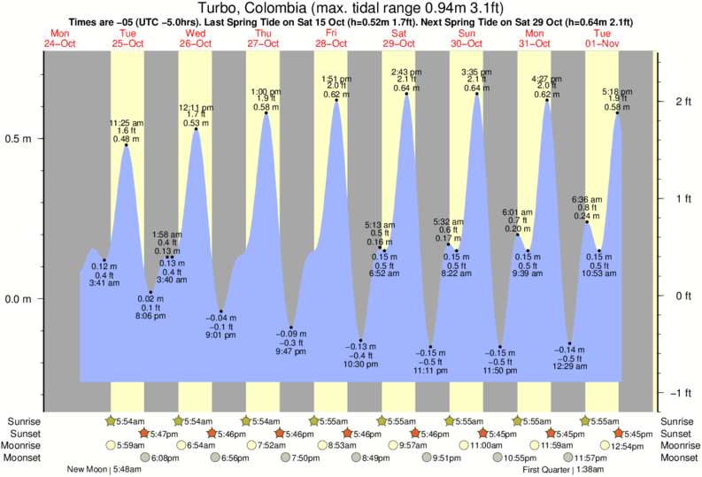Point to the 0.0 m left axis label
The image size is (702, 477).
tap(19, 298)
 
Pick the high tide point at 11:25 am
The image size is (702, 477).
tap(127, 145)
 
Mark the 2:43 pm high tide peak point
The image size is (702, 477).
tap(406, 94)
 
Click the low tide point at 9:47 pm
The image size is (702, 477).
tap(291, 327)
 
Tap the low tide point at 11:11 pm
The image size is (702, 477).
tap(430, 346)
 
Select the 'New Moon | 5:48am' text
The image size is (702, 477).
tap(105, 470)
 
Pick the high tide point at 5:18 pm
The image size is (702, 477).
tap(618, 113)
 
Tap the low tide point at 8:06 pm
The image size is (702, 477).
tap(150, 292)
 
